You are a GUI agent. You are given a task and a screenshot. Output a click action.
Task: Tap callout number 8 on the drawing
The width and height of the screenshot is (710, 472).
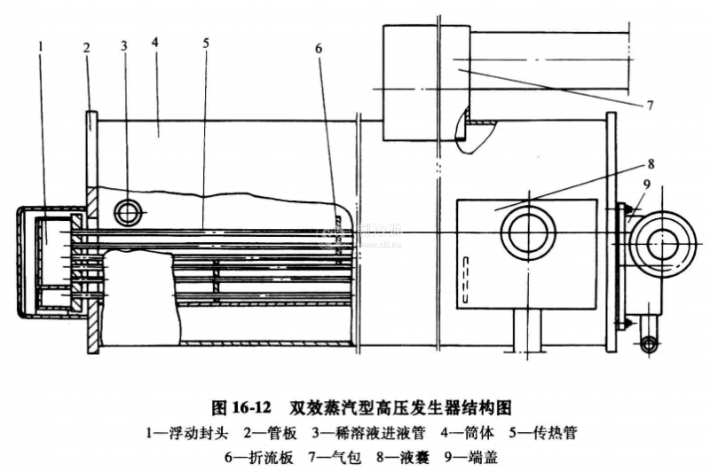click(x=651, y=163)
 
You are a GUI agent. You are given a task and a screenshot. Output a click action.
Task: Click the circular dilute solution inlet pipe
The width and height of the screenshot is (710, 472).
click(x=130, y=212)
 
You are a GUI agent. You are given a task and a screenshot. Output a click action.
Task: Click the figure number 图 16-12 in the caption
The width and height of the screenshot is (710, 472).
click(x=241, y=408)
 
